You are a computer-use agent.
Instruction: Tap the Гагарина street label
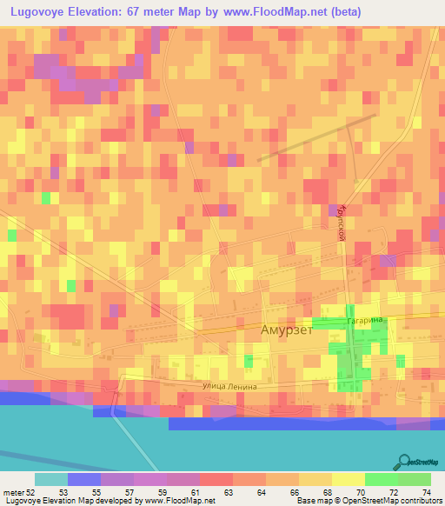[x=365, y=321]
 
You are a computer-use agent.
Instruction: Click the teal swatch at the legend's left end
[x=51, y=479]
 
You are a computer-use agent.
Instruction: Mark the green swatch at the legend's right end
[x=415, y=479]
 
